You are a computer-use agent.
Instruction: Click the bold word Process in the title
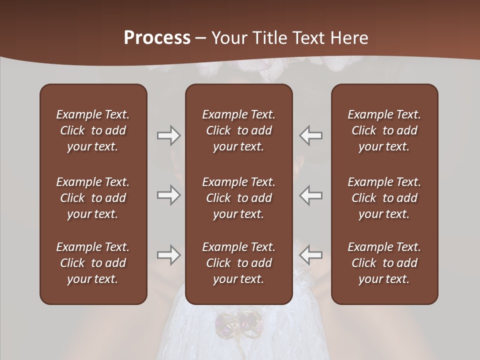[x=157, y=38]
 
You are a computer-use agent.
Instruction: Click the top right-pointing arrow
[x=168, y=135]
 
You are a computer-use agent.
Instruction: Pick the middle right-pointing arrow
[x=168, y=195]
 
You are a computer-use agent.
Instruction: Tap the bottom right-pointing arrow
[x=168, y=255]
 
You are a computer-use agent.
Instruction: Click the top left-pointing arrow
[x=311, y=135]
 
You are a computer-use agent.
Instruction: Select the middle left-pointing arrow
[x=311, y=195]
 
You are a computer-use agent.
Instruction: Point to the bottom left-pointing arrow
[x=311, y=255]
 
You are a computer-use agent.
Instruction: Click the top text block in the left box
[x=93, y=130]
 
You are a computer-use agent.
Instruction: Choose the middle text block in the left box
[x=93, y=198]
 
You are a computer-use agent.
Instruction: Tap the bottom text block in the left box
[x=93, y=263]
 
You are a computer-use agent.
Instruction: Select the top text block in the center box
[x=238, y=130]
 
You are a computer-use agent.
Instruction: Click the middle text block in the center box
[x=238, y=198]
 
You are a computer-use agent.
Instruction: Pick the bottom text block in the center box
[x=238, y=263]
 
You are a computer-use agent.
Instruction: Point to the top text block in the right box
[x=384, y=130]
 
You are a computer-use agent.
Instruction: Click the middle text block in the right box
[x=384, y=198]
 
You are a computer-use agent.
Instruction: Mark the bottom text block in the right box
[x=384, y=263]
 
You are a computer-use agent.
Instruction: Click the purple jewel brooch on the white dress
[x=239, y=323]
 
